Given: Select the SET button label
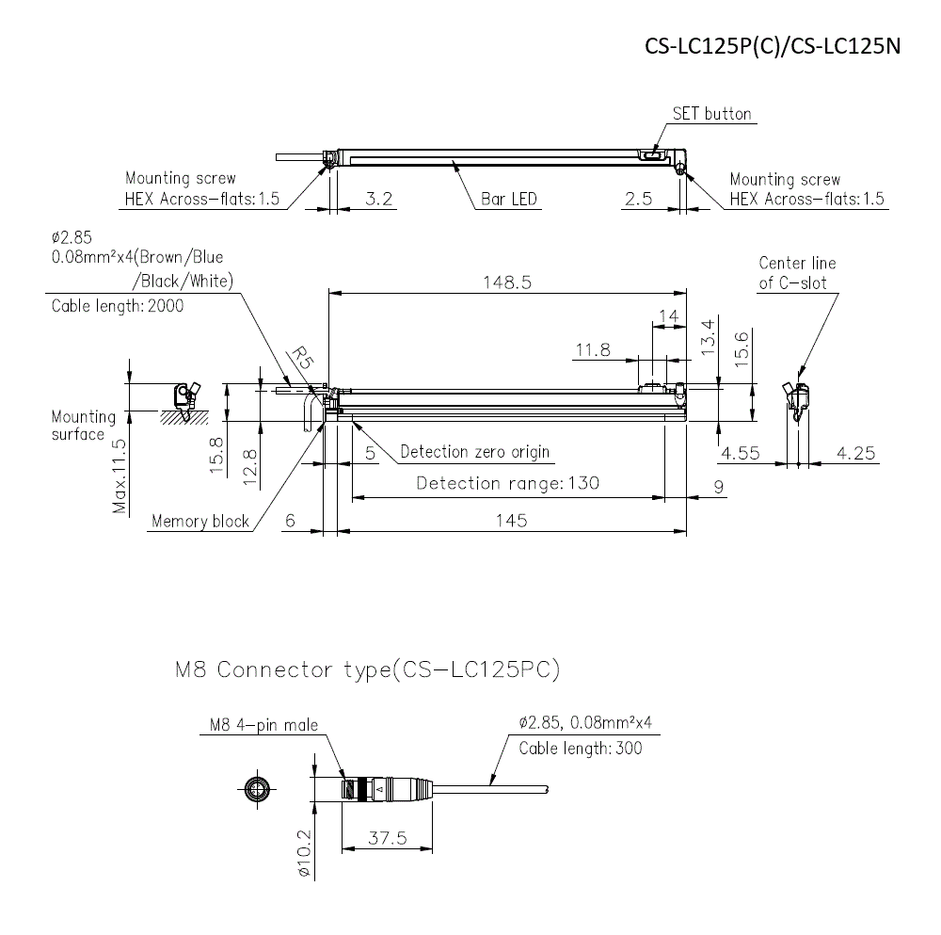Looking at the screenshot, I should (x=711, y=114).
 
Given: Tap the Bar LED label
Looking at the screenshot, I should (x=508, y=199).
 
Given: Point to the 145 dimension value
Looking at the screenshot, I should (x=511, y=519).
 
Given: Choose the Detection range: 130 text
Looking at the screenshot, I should (x=507, y=483).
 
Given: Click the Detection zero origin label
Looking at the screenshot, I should (x=474, y=452).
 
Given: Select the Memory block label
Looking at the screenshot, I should (x=199, y=521).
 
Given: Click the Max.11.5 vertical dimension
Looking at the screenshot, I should (x=120, y=476).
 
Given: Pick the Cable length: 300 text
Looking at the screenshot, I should (x=582, y=749).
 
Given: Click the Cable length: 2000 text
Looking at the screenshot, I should (x=118, y=306).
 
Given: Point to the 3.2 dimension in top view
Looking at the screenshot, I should (x=378, y=199).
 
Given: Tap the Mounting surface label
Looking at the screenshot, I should (x=83, y=426).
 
